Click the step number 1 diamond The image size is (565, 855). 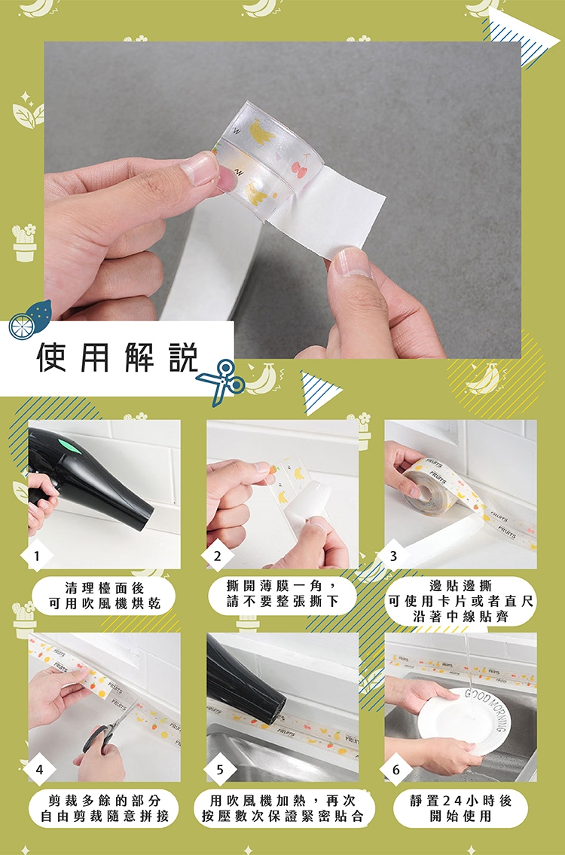pyautogui.click(x=36, y=556)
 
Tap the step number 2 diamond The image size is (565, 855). pyautogui.click(x=218, y=556)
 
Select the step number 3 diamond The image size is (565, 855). pyautogui.click(x=393, y=556)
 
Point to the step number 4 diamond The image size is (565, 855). pyautogui.click(x=38, y=770)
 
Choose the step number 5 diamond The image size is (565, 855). pyautogui.click(x=219, y=770)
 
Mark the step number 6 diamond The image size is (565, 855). pyautogui.click(x=395, y=770)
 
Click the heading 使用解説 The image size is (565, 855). pyautogui.click(x=117, y=357)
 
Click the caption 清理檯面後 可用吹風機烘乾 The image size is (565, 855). pyautogui.click(x=104, y=596)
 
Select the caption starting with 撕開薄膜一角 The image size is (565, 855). pyautogui.click(x=283, y=593)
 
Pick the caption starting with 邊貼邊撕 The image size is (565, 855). pyautogui.click(x=460, y=601)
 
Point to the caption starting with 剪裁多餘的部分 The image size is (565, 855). pyautogui.click(x=105, y=808)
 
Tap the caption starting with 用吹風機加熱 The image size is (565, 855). pyautogui.click(x=283, y=808)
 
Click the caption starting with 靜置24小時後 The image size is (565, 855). pyautogui.click(x=460, y=808)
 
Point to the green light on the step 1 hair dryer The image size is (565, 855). pyautogui.click(x=70, y=442)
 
